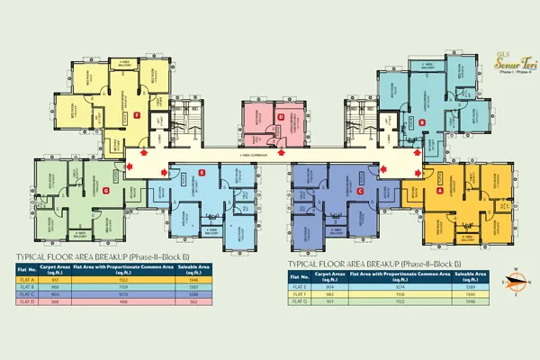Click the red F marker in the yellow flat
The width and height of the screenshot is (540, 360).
[136, 116]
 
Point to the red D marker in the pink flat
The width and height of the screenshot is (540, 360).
[281, 117]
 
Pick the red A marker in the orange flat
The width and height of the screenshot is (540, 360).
[439, 191]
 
